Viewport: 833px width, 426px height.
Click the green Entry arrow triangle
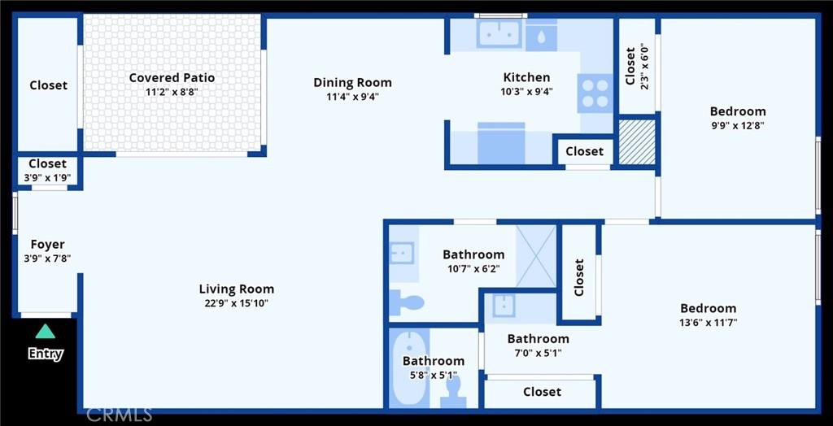tap(46, 332)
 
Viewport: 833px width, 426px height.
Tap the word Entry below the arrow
tap(46, 354)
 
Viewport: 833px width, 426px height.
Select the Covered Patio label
tap(172, 78)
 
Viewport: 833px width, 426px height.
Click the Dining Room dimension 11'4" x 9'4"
tap(352, 97)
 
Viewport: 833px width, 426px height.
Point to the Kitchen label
tap(526, 77)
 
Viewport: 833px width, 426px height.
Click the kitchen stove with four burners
tap(595, 93)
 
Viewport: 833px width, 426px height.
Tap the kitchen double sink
tap(499, 33)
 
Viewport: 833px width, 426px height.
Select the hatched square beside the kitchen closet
tap(638, 141)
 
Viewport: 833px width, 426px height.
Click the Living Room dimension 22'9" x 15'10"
tap(237, 304)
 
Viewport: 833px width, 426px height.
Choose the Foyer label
tap(47, 245)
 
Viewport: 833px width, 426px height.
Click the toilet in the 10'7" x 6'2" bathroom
tap(407, 302)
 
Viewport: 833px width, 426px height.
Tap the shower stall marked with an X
tap(536, 256)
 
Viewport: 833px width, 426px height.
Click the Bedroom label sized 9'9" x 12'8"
tap(738, 111)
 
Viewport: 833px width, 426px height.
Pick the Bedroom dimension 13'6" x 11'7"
tap(709, 322)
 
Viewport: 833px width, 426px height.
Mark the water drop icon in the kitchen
tap(541, 37)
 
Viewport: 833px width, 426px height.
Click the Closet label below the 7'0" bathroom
tap(543, 392)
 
